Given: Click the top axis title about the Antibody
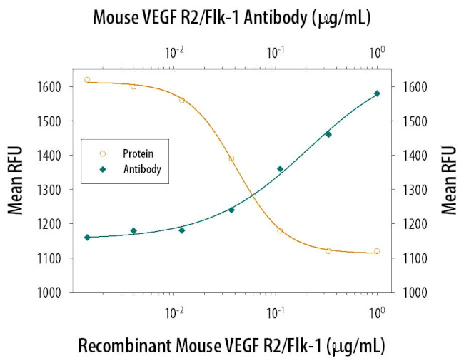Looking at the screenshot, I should [x=232, y=16].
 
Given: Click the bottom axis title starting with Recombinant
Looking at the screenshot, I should [x=232, y=346].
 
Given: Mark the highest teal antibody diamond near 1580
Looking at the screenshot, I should [x=377, y=93].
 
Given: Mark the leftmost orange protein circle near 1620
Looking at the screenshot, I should [x=87, y=80].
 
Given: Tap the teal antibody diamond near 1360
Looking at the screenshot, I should [x=280, y=169].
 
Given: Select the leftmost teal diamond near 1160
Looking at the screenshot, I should [x=87, y=237].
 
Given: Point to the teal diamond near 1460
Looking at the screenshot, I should [x=328, y=134].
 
